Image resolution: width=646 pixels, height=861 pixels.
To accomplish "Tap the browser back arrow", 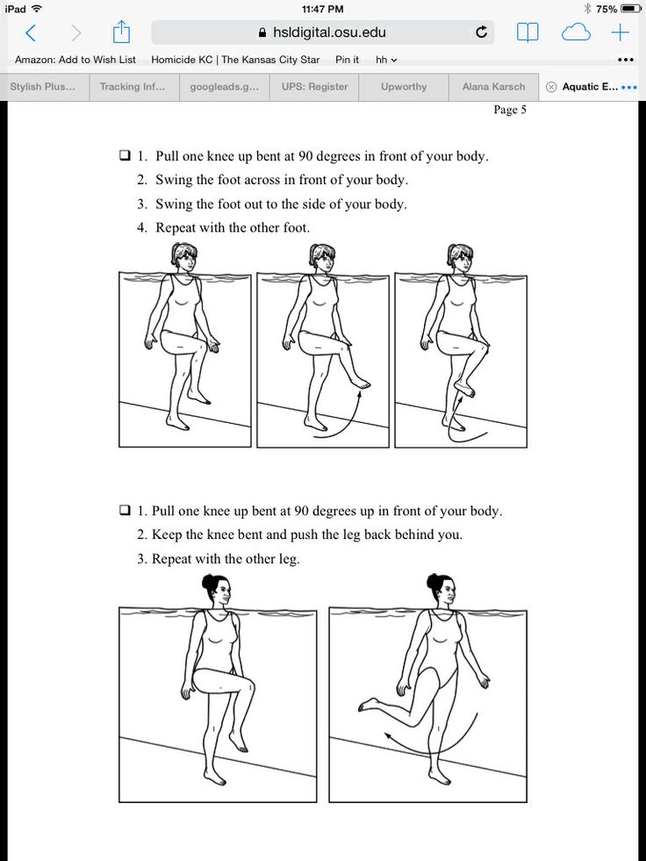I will click(30, 33).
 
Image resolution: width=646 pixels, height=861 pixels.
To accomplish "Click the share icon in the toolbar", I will click(121, 33).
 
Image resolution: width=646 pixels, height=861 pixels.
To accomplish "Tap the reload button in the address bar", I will click(481, 32).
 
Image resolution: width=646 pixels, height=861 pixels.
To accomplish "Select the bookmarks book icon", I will click(527, 33).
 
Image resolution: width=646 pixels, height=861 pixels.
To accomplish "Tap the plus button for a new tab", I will click(621, 33).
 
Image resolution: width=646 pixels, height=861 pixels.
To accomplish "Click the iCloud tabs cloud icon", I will click(576, 33).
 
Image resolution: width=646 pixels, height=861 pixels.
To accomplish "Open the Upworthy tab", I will click(404, 87).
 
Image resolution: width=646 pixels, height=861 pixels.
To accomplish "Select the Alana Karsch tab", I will click(493, 87).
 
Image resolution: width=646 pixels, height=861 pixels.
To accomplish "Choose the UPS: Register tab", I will click(314, 87).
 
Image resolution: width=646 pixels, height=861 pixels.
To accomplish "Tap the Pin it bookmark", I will click(347, 60).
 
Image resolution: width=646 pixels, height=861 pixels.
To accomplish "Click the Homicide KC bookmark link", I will click(235, 60).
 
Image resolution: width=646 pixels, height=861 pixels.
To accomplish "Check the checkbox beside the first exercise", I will click(125, 156).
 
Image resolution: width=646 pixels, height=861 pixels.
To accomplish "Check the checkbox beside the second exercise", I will click(125, 510).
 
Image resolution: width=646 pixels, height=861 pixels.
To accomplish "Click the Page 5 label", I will click(510, 110).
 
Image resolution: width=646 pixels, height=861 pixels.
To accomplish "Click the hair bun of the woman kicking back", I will click(434, 581).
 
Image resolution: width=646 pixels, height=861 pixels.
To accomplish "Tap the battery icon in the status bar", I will click(631, 9).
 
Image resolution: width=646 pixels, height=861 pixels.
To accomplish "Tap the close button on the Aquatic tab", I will click(550, 87).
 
